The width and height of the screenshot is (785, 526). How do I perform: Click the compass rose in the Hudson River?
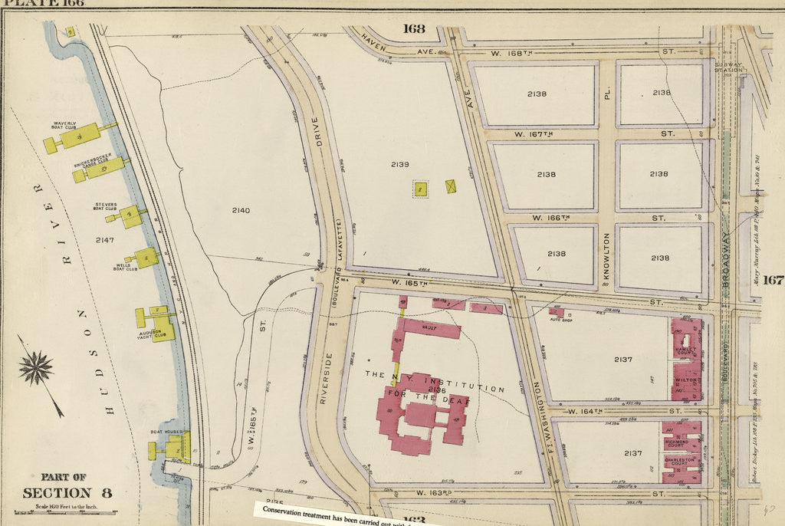pos(35,367)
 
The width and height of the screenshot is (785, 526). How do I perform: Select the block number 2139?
pos(399,164)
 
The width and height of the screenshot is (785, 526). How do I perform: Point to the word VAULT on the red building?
pos(429,327)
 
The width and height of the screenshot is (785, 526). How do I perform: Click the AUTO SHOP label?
pos(561,321)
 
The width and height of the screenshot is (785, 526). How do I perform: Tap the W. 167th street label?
pos(534,134)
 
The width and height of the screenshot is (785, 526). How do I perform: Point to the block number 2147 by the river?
pos(105,240)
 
